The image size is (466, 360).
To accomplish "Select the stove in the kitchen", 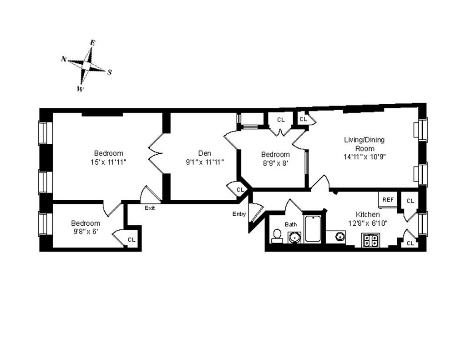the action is click(x=370, y=240).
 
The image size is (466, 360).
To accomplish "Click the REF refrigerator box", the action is click(x=388, y=200).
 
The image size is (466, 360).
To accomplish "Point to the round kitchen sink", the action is click(x=339, y=237).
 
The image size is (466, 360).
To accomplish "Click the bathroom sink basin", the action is click(x=295, y=238).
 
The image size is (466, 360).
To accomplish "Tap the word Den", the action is click(x=204, y=153).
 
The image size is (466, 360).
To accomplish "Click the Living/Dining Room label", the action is click(x=364, y=144).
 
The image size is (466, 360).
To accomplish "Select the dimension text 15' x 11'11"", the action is click(x=108, y=162).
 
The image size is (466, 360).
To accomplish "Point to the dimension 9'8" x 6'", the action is click(x=86, y=231).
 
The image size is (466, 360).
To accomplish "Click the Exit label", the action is click(x=150, y=208).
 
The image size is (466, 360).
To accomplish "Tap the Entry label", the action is click(x=239, y=214).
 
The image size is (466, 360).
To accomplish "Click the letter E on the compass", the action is click(x=93, y=43).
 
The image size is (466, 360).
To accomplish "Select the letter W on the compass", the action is click(x=80, y=89).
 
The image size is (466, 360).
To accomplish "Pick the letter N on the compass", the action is click(x=64, y=59).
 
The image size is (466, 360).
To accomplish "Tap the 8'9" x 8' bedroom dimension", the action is click(x=276, y=163).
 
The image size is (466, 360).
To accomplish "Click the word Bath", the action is click(x=290, y=224).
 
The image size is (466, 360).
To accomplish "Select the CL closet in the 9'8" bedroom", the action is click(x=131, y=240).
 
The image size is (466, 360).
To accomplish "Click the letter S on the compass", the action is click(x=109, y=72).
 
